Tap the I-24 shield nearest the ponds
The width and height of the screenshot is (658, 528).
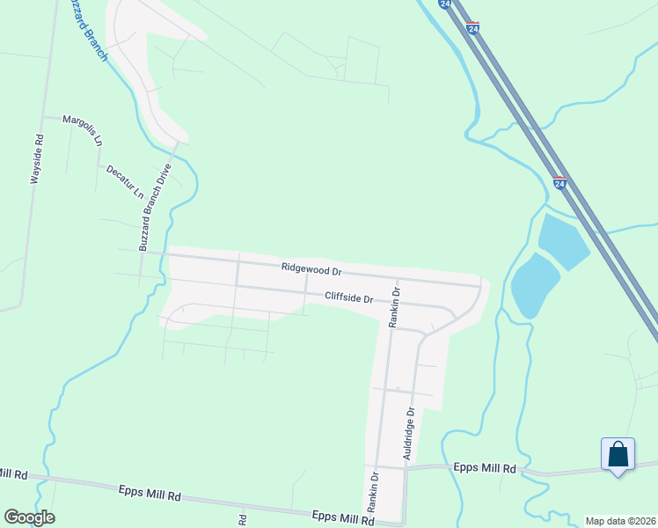[x=559, y=183]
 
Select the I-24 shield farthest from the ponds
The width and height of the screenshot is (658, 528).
[x=473, y=28]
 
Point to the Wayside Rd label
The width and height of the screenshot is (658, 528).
[x=37, y=158]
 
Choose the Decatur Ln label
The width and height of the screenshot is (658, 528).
[x=124, y=181]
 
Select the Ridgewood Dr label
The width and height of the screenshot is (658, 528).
[x=311, y=268]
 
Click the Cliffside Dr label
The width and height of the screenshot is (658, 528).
[x=349, y=297]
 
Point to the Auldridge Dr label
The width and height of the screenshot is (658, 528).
[x=407, y=434]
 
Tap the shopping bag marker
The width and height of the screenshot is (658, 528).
[x=618, y=454]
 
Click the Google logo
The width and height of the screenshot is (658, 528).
[x=29, y=517]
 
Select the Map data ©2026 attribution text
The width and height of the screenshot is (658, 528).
[x=620, y=521]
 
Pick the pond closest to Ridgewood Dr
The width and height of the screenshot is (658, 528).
[x=534, y=285]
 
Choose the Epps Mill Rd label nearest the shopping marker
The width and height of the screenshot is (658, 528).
[x=485, y=469]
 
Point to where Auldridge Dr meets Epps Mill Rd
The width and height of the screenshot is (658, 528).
[x=405, y=468]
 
